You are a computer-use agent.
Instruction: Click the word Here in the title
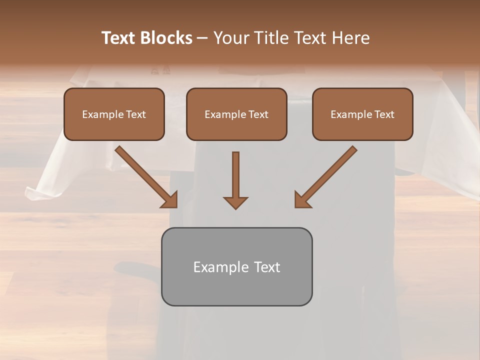[x=350, y=38]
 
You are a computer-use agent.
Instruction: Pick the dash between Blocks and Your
[x=202, y=38]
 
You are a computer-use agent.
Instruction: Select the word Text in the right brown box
[x=384, y=114]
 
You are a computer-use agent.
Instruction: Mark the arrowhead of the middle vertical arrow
[x=235, y=202]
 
